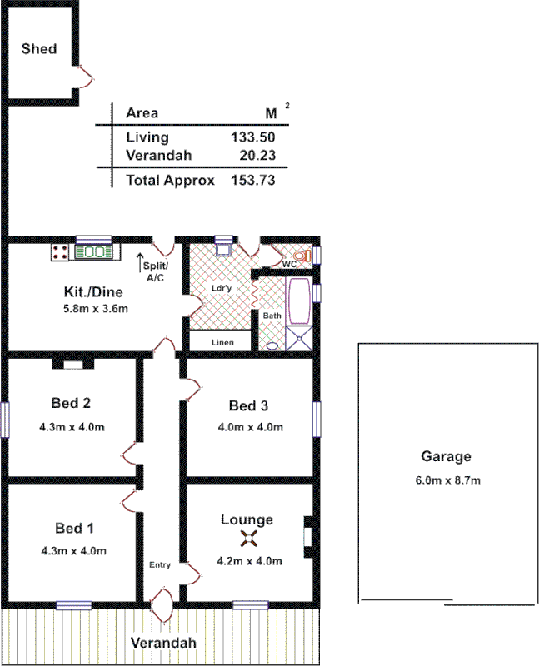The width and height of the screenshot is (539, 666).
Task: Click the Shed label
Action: pyautogui.click(x=39, y=49)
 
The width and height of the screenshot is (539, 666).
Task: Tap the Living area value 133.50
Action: pyautogui.click(x=252, y=137)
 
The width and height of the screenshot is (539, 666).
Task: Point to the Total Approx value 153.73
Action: pyautogui.click(x=252, y=180)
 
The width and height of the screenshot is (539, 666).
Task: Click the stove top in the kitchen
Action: pyautogui.click(x=60, y=251)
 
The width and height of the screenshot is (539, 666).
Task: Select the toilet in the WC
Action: pyautogui.click(x=304, y=256)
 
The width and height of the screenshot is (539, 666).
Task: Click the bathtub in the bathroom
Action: pyautogui.click(x=297, y=303)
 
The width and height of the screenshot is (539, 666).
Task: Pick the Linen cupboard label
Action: pyautogui.click(x=222, y=342)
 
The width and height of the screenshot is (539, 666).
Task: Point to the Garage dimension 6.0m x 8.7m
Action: pyautogui.click(x=447, y=480)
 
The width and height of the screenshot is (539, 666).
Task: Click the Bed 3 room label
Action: pyautogui.click(x=248, y=406)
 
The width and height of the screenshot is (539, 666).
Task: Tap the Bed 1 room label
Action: pyautogui.click(x=74, y=529)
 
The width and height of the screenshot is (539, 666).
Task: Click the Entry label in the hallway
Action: pyautogui.click(x=160, y=565)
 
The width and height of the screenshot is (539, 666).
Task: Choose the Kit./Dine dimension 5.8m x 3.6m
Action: pyautogui.click(x=95, y=308)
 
